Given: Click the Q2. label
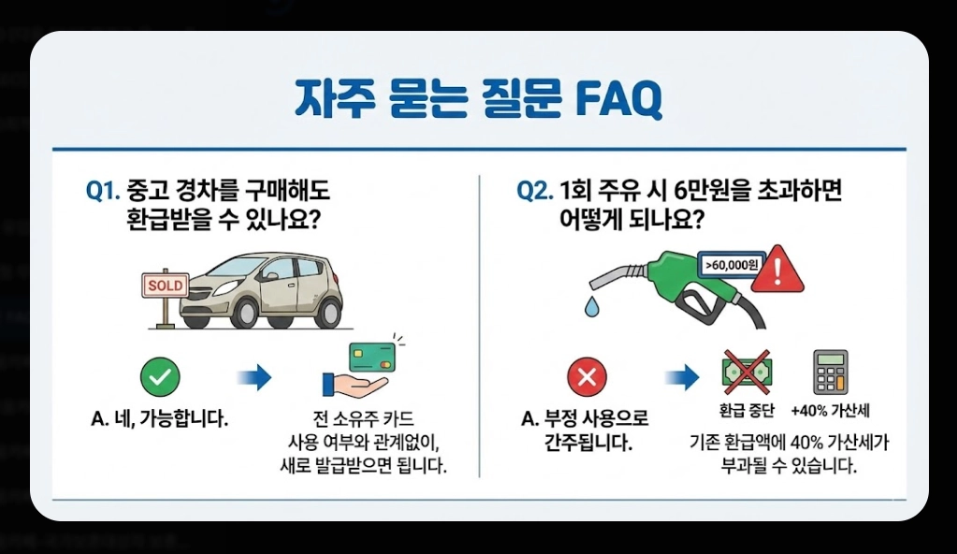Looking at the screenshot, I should click(x=535, y=192).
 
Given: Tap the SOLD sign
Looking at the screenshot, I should click(x=165, y=284).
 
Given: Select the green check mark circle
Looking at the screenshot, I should click(x=160, y=378).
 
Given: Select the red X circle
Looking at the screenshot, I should click(x=587, y=378).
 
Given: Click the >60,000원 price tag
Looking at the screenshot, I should click(x=731, y=266).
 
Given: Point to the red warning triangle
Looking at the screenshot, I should click(x=777, y=270).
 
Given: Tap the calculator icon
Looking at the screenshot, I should click(x=830, y=372).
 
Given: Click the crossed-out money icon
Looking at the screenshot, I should click(x=746, y=372).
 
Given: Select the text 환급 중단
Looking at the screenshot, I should click(x=745, y=411).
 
